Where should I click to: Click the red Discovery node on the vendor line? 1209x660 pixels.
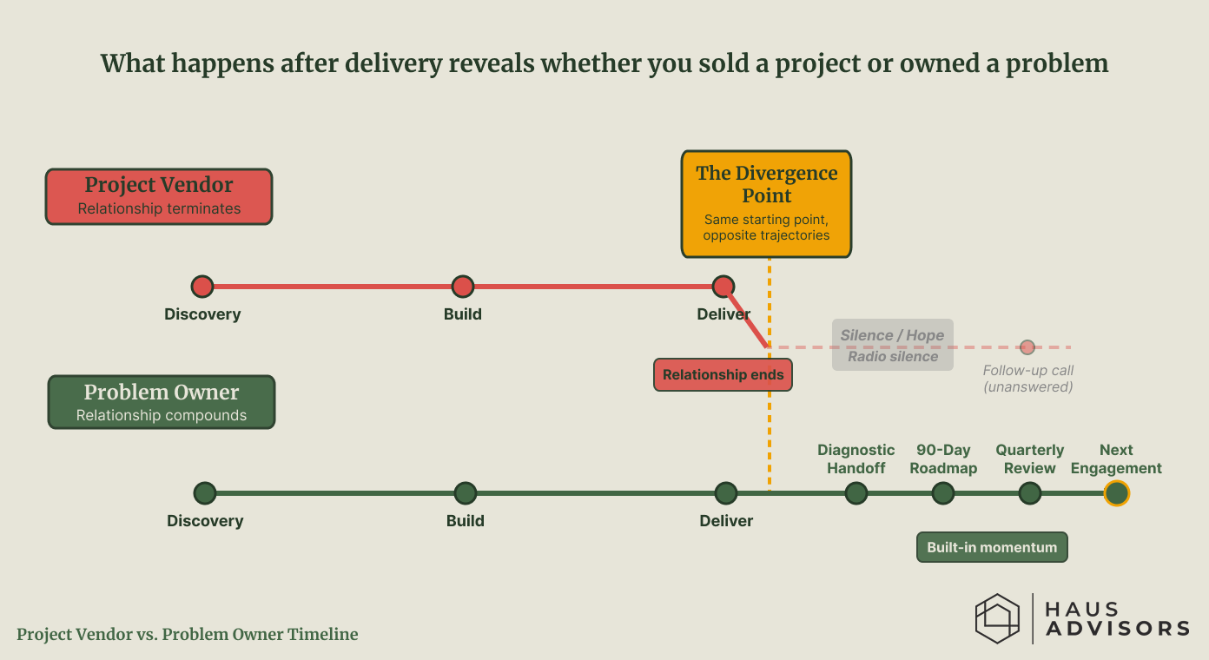[x=202, y=287]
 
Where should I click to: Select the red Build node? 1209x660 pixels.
[x=463, y=287]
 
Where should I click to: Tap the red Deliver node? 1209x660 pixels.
[x=723, y=287]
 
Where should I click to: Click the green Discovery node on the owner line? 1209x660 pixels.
[x=205, y=493]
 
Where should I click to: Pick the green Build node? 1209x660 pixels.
[x=466, y=493]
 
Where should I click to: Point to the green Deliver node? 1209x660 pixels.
[x=726, y=493]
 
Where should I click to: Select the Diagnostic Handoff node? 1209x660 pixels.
[x=856, y=493]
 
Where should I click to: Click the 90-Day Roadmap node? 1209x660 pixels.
[x=943, y=493]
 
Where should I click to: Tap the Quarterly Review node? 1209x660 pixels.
[x=1030, y=493]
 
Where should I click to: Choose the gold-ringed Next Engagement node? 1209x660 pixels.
[x=1116, y=493]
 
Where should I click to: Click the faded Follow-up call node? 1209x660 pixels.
[x=1027, y=347]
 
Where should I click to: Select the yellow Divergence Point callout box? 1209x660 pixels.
[x=766, y=204]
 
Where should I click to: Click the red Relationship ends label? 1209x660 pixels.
[x=723, y=375]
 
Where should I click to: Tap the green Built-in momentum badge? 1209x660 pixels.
[x=992, y=547]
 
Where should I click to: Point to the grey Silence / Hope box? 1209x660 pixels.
[x=892, y=346]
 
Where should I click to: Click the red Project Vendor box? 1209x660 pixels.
[x=159, y=196]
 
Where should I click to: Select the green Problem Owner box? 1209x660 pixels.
[x=162, y=402]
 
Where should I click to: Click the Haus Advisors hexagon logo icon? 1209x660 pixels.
[x=996, y=618]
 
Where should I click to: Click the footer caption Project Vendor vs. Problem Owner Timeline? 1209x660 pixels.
[x=188, y=634]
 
